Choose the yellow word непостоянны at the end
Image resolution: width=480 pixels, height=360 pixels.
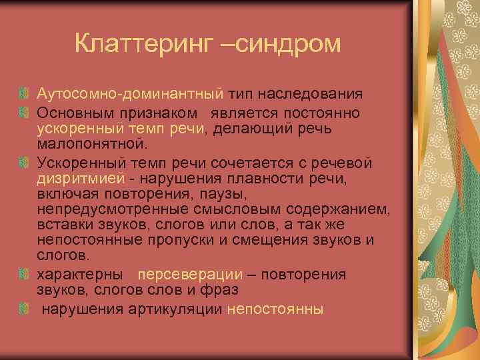pyautogui.click(x=275, y=309)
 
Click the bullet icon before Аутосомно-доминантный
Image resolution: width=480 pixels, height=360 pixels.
pyautogui.click(x=25, y=93)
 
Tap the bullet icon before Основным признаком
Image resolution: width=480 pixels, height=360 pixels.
pyautogui.click(x=25, y=110)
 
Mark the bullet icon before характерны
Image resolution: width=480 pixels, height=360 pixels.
pyautogui.click(x=25, y=275)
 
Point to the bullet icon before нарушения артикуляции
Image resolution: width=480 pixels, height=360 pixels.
pyautogui.click(x=25, y=309)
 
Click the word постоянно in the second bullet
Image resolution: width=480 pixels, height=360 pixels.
pyautogui.click(x=333, y=110)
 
